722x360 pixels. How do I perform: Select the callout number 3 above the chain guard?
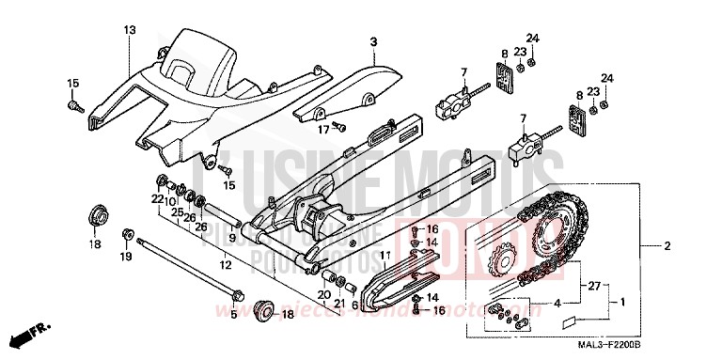[373, 42]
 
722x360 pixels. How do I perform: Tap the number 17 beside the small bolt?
[323, 130]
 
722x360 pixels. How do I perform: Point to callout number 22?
[157, 199]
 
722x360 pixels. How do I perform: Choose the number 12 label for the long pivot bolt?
[226, 266]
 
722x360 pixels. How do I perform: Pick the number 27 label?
[592, 285]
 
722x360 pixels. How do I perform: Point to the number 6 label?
[354, 305]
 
